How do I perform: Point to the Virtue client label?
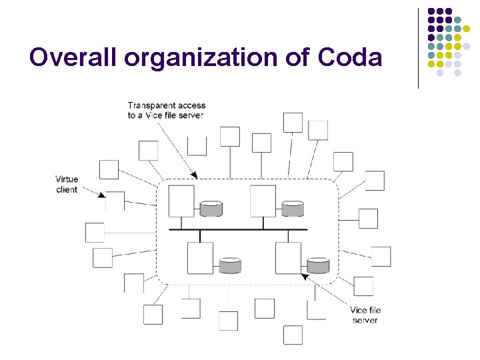click(67, 184)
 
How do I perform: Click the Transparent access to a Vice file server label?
click(166, 110)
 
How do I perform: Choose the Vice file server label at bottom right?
click(365, 315)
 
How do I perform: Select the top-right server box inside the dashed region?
click(263, 201)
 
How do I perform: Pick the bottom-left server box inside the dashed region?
click(200, 258)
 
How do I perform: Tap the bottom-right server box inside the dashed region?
click(288, 258)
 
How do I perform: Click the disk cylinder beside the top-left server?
click(211, 209)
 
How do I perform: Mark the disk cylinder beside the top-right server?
click(292, 209)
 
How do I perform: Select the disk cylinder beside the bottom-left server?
click(230, 265)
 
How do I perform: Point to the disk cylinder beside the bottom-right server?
click(318, 265)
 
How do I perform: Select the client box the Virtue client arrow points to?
click(115, 201)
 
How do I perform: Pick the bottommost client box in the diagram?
click(293, 335)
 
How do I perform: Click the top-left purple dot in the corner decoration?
click(431, 11)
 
